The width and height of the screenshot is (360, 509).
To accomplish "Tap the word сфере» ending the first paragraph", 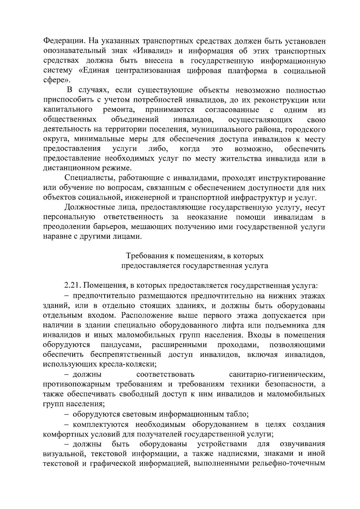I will pyautogui.click(x=58, y=80).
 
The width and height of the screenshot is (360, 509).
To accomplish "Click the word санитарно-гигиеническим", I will pyautogui.click(x=277, y=374).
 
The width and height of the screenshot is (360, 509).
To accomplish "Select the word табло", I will pyautogui.click(x=237, y=414).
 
